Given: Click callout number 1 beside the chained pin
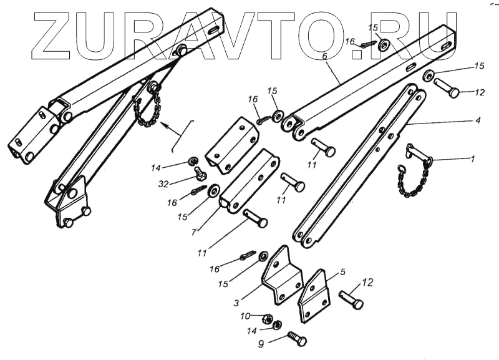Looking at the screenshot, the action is (x=472, y=159).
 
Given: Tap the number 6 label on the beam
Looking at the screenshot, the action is (x=324, y=56).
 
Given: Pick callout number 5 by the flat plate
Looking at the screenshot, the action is (x=342, y=273).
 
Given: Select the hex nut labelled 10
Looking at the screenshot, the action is (x=266, y=317).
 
